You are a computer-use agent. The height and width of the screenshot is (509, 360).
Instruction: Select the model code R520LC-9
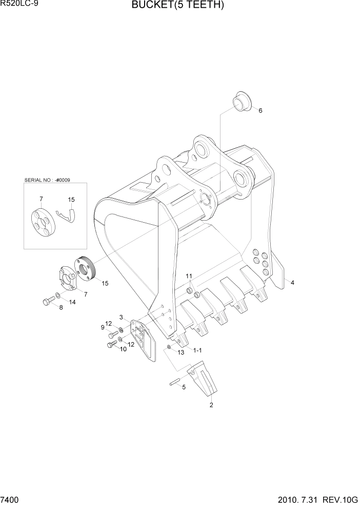[x=19, y=5]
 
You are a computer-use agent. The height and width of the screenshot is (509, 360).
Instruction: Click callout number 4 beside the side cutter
[x=292, y=282]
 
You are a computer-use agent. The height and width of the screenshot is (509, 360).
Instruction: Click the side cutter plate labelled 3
[x=142, y=336]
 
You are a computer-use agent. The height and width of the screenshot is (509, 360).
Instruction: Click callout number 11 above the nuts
[x=189, y=277]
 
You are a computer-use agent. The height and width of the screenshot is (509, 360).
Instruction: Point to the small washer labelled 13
[x=169, y=347]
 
